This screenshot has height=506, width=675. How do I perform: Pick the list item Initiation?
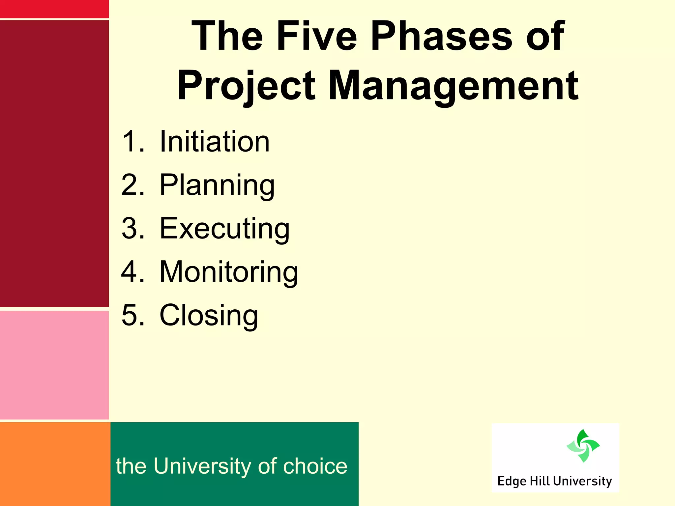click(x=215, y=142)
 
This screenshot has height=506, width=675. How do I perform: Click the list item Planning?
click(x=217, y=185)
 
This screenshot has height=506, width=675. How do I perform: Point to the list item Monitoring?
click(x=229, y=272)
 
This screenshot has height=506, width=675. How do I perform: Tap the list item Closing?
click(x=209, y=315)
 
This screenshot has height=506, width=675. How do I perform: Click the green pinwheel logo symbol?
click(x=583, y=446)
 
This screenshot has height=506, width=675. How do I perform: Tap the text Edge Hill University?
click(x=554, y=481)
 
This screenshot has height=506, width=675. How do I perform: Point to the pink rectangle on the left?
click(x=54, y=365)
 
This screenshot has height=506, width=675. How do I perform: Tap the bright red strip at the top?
click(x=54, y=9)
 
